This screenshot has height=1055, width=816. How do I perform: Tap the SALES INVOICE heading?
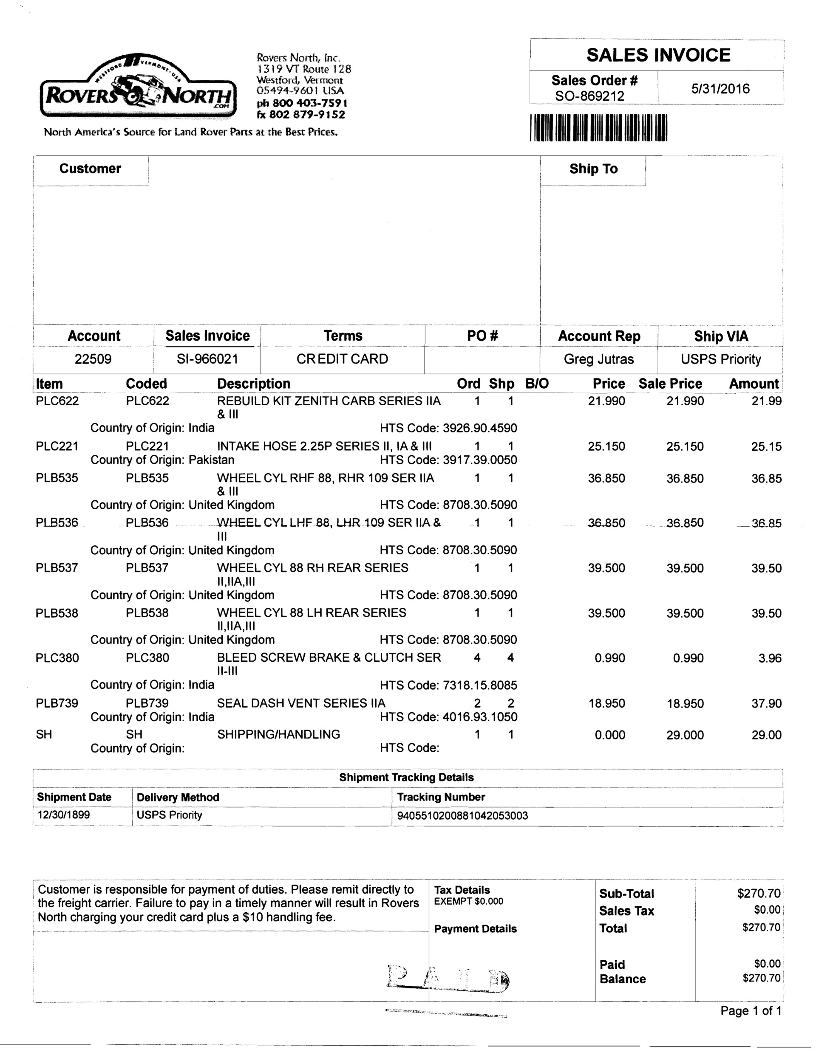click(x=658, y=55)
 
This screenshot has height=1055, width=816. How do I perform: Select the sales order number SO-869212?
click(x=589, y=96)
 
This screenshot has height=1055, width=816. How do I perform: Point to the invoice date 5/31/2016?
click(x=720, y=88)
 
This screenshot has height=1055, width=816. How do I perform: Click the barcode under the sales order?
click(x=598, y=127)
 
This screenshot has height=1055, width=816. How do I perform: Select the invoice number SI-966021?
click(x=207, y=359)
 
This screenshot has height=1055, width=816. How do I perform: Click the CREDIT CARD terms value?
click(x=342, y=359)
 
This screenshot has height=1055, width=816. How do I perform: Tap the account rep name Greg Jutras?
click(x=598, y=359)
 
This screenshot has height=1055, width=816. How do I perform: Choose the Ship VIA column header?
click(x=721, y=336)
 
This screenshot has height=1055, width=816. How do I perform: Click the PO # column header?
click(x=482, y=336)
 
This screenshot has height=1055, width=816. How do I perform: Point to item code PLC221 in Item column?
click(x=57, y=446)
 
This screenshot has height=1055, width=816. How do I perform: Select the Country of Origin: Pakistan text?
click(x=162, y=460)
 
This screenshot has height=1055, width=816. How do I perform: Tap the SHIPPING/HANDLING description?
click(x=278, y=734)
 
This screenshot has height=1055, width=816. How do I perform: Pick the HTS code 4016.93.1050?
click(x=479, y=717)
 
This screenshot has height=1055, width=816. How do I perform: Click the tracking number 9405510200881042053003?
click(x=462, y=816)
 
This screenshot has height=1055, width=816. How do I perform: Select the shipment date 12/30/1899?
click(x=64, y=815)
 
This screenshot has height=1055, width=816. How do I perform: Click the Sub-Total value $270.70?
click(x=759, y=894)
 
